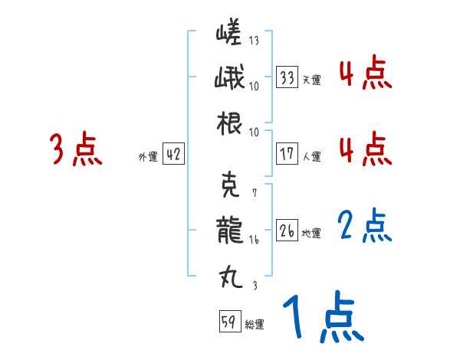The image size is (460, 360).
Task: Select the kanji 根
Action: pos(228,124)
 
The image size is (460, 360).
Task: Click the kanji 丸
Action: pos(228,273)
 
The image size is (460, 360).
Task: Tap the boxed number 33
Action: pos(288,77)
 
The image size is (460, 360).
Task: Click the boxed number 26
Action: pos(288,230)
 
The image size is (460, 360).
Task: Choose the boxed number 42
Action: pos(173,154)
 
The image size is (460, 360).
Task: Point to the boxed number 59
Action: pos(228,322)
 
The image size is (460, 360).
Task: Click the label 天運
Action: pos(311,80)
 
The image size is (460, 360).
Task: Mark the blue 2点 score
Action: pos(365,227)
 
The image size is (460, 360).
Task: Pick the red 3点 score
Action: pos(75,150)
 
